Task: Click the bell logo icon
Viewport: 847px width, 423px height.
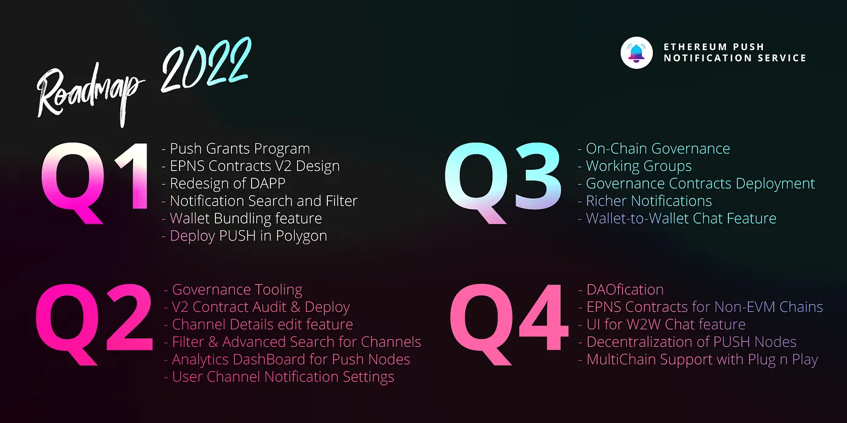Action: point(636,53)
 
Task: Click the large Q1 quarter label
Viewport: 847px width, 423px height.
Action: point(94,182)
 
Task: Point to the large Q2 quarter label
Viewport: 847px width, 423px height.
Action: point(94,325)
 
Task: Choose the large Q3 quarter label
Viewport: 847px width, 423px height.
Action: point(503,182)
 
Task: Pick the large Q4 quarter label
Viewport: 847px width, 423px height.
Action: point(509,325)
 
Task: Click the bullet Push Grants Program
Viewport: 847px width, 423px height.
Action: point(235,149)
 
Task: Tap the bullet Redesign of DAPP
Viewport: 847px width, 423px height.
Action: point(223,184)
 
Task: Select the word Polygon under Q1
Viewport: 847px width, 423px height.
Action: point(301,236)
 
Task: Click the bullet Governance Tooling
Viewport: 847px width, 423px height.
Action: point(233,289)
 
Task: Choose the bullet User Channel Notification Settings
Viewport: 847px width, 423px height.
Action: point(279,377)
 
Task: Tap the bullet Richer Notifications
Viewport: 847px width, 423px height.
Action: point(645,201)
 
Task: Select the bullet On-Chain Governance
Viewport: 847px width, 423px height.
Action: point(654,149)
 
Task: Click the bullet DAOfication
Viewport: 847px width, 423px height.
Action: point(621,289)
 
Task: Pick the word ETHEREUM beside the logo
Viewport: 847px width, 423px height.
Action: point(695,47)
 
